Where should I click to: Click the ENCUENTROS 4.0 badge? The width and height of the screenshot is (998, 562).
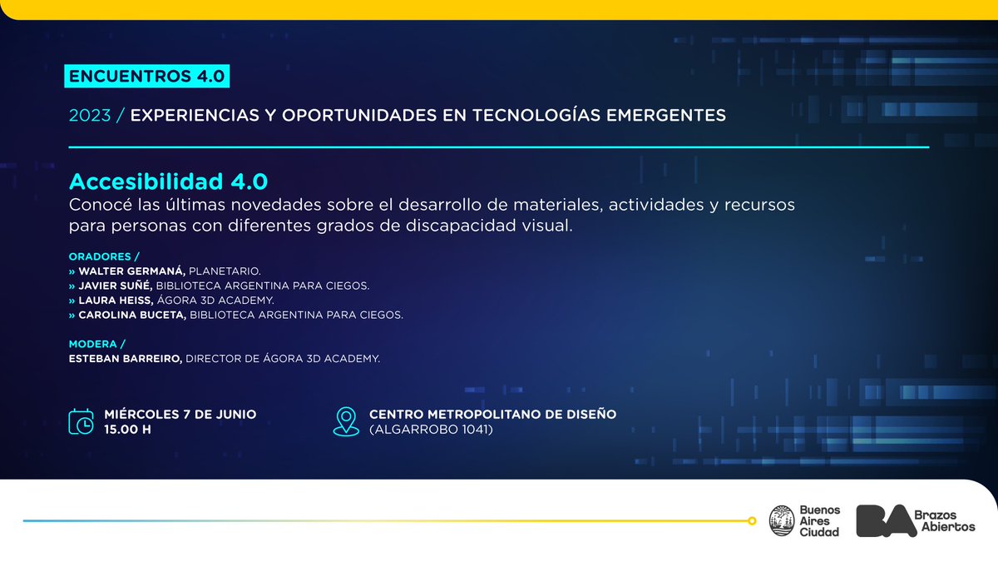pos(146,76)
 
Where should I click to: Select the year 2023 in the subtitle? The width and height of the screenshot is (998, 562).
pos(90,116)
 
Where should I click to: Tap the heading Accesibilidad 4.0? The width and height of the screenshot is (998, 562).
pos(169,182)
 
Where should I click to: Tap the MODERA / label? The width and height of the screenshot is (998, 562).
pos(97,344)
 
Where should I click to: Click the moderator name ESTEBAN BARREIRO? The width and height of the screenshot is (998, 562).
pos(126,359)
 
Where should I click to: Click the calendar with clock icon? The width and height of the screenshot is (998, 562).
pos(82,422)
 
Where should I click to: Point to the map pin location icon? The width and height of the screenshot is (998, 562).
pos(346,421)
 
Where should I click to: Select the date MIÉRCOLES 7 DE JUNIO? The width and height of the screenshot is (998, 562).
pos(180,414)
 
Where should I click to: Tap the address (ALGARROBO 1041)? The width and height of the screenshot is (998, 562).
pos(431,430)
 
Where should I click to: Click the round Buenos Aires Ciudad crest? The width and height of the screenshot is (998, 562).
pos(781,520)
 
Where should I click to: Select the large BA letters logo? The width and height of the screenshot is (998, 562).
pos(887,520)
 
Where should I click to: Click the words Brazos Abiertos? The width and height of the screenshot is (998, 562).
pos(950,521)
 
